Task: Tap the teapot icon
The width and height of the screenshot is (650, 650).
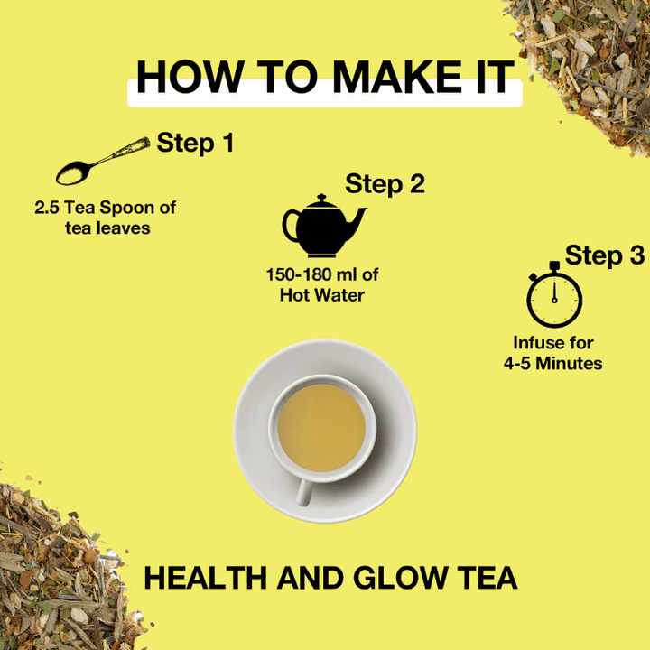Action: point(324,226)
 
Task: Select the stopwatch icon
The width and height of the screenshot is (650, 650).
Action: point(554,294)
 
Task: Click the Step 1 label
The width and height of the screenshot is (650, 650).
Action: point(195,143)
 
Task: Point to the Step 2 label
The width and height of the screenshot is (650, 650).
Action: point(385,183)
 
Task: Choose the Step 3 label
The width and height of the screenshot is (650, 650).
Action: point(605,255)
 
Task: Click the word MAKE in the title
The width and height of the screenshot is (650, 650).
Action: point(396,77)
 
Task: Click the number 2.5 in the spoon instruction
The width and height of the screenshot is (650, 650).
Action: point(47,208)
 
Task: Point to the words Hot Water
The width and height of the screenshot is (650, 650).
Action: point(322,295)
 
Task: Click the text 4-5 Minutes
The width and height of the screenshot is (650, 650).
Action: point(553,364)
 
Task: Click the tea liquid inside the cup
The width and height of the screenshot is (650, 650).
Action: point(321,428)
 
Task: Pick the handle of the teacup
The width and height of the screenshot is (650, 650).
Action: point(304,492)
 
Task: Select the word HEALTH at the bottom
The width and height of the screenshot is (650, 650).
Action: point(205,578)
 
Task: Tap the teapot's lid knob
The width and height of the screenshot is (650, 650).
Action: point(321,198)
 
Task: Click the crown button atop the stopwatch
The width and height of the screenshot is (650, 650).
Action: point(554,265)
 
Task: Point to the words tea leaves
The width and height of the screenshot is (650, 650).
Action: point(107,228)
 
